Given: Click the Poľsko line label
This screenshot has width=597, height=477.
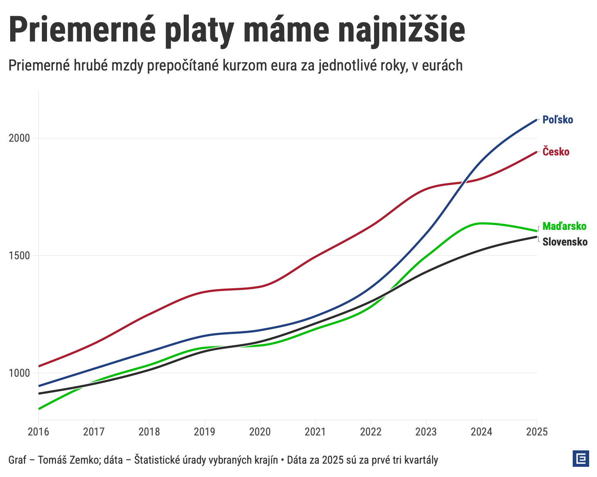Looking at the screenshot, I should tap(557, 120).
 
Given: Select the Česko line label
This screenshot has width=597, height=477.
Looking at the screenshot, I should tap(556, 152).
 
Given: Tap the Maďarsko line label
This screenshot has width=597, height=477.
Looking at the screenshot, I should tap(564, 226).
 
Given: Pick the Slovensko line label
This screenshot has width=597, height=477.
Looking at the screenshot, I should tap(565, 242).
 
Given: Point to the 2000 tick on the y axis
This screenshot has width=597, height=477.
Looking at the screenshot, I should tap(19, 138).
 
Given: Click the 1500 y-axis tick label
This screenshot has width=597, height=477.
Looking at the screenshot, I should tap(19, 256).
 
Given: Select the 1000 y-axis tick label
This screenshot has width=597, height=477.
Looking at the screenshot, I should tap(19, 373).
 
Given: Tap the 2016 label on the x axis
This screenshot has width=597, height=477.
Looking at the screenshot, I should tap(38, 432).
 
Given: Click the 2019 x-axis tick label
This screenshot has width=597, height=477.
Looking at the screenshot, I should tap(204, 432).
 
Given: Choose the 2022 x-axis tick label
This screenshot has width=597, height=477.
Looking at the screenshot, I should tap(371, 432).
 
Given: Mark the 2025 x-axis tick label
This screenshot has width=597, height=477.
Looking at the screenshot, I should tap(537, 432).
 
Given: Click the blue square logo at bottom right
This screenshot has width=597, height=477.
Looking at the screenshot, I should tap(581, 459).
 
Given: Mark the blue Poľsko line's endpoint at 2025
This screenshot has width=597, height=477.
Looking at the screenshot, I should tap(536, 120).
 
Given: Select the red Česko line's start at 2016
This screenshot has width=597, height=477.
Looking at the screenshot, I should tap(39, 366).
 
